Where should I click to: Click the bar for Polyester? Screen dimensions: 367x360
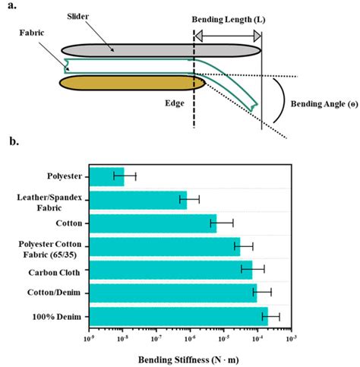coord(106,176)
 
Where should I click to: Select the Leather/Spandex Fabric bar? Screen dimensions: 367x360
coord(137,200)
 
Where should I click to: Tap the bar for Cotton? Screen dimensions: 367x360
coord(153,223)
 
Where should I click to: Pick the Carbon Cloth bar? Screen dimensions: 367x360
coord(170,269)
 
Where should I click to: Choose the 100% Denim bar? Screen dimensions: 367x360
coord(178,315)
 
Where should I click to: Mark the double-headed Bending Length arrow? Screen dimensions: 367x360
coord(228,34)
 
